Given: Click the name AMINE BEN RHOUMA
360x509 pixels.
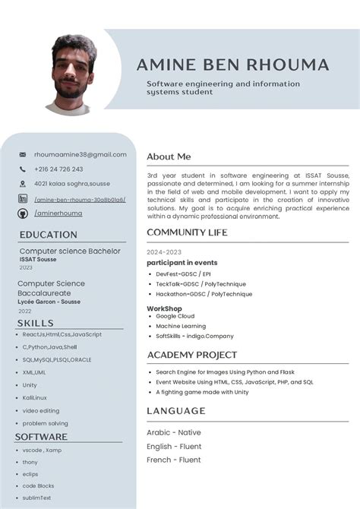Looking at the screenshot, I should click(232, 65).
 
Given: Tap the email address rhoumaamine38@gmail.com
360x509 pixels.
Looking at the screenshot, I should click(80, 154).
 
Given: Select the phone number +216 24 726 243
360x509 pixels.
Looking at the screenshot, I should click(58, 169).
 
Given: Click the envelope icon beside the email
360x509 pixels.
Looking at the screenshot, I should click(23, 155).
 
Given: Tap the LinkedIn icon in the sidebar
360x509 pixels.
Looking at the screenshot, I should click(23, 199).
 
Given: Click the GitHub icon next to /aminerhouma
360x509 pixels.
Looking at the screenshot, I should click(23, 213).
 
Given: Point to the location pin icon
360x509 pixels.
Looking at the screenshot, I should click(23, 184).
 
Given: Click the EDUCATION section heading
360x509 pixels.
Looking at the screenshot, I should click(49, 235).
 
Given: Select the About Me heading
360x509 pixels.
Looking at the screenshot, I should click(169, 156).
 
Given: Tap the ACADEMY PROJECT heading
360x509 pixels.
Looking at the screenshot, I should click(191, 355).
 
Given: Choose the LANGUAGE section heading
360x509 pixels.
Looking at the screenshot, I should click(175, 411).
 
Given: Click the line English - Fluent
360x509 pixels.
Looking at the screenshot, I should click(173, 446).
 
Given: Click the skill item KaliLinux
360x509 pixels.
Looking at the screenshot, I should click(34, 397).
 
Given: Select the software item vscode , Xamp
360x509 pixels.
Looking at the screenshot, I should click(42, 450).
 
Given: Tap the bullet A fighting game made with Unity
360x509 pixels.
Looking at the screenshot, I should click(202, 392).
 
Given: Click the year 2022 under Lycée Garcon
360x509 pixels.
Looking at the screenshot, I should click(25, 311).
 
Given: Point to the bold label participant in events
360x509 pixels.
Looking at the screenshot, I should click(182, 263).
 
